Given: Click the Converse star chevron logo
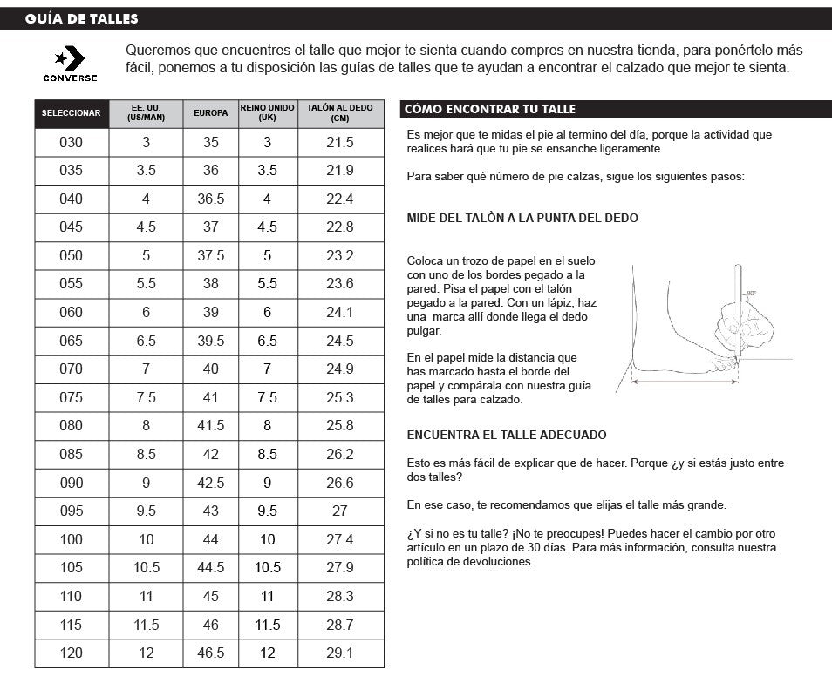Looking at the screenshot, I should pos(70,60).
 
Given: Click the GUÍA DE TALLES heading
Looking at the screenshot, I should pos(81,18).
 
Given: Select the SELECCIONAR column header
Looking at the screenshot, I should pos(72,113).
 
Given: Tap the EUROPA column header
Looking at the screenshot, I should pos(210,113).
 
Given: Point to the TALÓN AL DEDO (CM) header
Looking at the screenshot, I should pos(339,113).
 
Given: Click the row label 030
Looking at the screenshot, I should pos(72,142).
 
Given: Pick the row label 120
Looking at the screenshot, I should pos(72,653).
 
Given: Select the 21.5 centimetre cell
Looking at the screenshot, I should pos(340,142).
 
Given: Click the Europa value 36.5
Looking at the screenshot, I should pos(211,199).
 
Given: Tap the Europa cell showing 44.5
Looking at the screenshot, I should pos(211,567).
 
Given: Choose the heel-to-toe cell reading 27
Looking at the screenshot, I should pos(340,511).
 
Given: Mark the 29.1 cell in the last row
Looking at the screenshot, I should pos(340,653).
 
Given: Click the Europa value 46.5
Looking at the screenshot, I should pos(211,653).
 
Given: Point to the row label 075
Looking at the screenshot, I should pos(72,397).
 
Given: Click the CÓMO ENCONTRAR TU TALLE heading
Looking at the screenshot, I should pos(490,110).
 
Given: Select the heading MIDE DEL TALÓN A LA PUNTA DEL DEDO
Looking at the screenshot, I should pos(522,218).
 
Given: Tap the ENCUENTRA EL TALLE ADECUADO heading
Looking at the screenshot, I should pos(507,435).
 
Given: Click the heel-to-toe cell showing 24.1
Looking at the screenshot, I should pos(340,312).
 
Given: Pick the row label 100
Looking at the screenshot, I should pos(72,539).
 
